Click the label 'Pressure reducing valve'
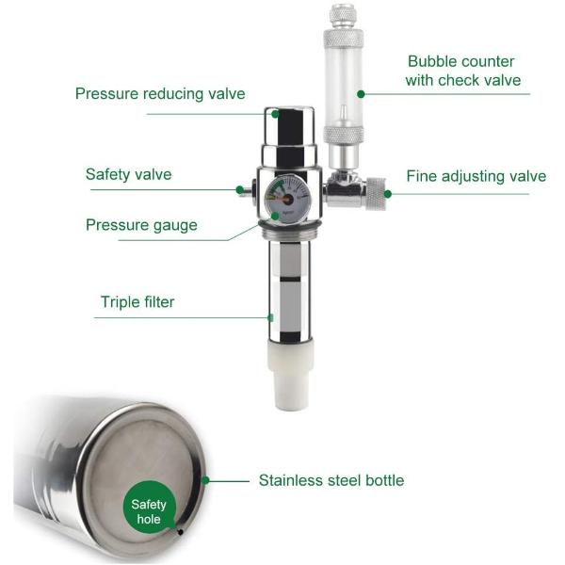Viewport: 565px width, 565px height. [x=160, y=93]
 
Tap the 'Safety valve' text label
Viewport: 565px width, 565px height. [x=128, y=174]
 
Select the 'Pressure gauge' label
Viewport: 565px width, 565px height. [x=141, y=225]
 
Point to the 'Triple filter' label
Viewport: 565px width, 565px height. [x=137, y=302]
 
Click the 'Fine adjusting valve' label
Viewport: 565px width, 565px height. [x=476, y=176]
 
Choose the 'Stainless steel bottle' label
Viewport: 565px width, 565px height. [x=331, y=480]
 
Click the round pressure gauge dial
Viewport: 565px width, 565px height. [x=287, y=199]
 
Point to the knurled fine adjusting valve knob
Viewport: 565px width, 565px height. [x=376, y=194]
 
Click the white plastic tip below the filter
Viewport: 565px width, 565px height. [x=291, y=376]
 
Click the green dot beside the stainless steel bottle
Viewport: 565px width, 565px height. [x=205, y=480]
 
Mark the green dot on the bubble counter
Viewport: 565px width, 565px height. [x=361, y=94]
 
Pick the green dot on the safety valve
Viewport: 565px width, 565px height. [x=239, y=190]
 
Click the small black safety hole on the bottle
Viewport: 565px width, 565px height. [x=181, y=532]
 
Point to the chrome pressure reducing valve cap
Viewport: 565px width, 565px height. [x=289, y=137]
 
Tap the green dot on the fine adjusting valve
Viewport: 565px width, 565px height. [x=388, y=194]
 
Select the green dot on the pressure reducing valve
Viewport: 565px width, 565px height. [x=275, y=114]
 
